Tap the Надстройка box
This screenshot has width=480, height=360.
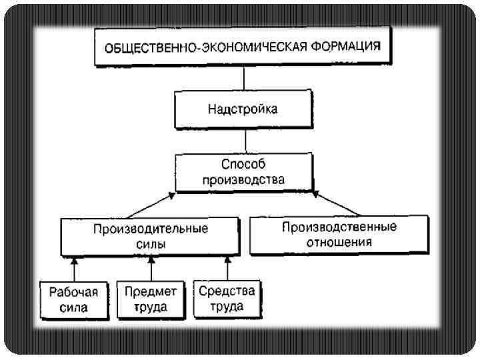click(243, 109)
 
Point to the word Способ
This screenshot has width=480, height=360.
click(243, 164)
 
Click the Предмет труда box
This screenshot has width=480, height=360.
click(151, 299)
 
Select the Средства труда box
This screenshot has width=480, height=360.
click(227, 299)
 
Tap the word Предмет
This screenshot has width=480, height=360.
click(151, 291)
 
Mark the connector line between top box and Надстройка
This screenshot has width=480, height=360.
click(244, 78)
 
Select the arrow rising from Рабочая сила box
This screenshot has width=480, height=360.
click(75, 269)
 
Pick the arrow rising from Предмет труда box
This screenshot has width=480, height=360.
click(152, 269)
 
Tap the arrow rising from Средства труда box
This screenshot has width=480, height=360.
click(228, 269)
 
